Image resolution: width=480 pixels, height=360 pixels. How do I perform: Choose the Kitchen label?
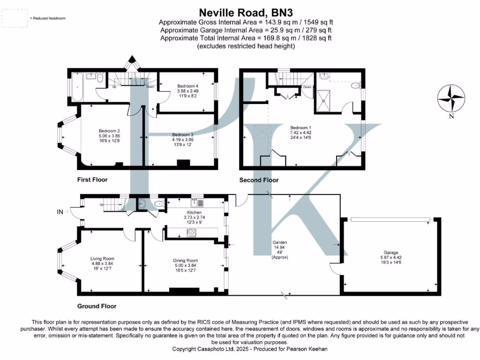195,212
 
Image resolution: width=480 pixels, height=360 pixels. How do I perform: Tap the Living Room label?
102,258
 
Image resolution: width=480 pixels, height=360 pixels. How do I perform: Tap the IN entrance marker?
60,212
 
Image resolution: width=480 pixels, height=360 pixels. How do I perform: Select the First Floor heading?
92,180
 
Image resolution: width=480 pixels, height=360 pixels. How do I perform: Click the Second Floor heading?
259,180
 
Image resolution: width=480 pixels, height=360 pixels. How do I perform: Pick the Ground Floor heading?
97,306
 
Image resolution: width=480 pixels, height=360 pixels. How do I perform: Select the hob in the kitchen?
192,233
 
